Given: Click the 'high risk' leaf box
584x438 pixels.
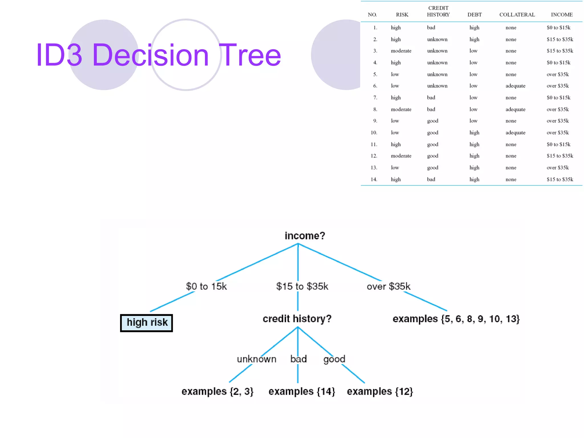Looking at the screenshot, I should (147, 323).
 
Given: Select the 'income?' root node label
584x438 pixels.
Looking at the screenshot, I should (305, 236).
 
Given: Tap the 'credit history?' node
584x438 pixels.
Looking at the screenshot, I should (297, 319).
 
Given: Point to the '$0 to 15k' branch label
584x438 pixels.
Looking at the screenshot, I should (206, 286).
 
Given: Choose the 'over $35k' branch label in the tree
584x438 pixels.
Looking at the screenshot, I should (388, 286).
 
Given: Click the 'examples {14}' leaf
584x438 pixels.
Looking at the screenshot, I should (302, 391).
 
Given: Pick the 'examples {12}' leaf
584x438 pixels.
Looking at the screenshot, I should (380, 391).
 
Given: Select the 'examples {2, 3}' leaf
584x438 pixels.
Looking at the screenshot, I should (218, 391).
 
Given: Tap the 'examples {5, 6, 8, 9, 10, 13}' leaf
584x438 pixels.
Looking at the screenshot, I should (456, 319).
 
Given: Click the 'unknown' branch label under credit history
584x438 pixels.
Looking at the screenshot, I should (257, 359).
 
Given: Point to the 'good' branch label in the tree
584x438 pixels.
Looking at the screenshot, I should (334, 359).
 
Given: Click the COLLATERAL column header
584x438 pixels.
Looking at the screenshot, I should (517, 15).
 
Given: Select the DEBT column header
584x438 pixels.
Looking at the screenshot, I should (474, 15).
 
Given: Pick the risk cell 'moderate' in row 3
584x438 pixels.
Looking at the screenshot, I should (401, 51).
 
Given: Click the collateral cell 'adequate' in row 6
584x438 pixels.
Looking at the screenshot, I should (515, 86).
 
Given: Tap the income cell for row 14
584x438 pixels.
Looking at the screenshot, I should (560, 179).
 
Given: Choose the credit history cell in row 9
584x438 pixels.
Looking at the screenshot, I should (433, 121).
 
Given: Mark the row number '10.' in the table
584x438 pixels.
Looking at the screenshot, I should (374, 133).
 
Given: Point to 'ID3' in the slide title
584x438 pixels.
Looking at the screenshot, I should (59, 55).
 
